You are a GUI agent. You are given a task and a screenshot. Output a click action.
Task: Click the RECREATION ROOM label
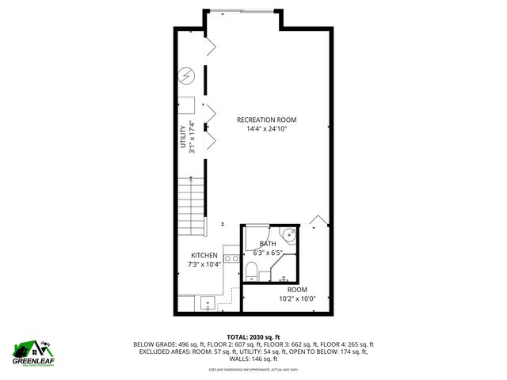click(x=272, y=120)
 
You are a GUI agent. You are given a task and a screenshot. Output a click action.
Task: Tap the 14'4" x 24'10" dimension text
click(x=272, y=128)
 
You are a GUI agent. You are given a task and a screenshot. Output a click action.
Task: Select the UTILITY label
click(x=183, y=135)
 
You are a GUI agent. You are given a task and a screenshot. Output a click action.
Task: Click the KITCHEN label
click(x=204, y=256)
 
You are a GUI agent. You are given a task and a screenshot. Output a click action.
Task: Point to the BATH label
click(x=267, y=244)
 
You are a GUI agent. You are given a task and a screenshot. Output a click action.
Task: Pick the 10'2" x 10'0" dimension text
click(x=297, y=298)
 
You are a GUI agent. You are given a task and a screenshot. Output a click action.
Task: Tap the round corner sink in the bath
click(x=291, y=234)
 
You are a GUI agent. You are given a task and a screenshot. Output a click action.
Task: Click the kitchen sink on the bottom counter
click(x=208, y=302)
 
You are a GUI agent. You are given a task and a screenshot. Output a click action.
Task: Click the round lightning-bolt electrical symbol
click(x=187, y=76)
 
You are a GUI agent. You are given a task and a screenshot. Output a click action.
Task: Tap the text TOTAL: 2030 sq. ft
click(x=253, y=336)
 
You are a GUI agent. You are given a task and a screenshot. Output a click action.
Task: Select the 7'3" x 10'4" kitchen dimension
click(x=204, y=264)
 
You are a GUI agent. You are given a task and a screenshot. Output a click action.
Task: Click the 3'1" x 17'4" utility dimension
click(x=192, y=135)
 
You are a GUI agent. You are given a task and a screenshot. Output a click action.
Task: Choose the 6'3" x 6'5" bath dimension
click(x=267, y=253)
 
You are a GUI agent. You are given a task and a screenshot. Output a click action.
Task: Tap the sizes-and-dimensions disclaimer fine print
click(x=253, y=369)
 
